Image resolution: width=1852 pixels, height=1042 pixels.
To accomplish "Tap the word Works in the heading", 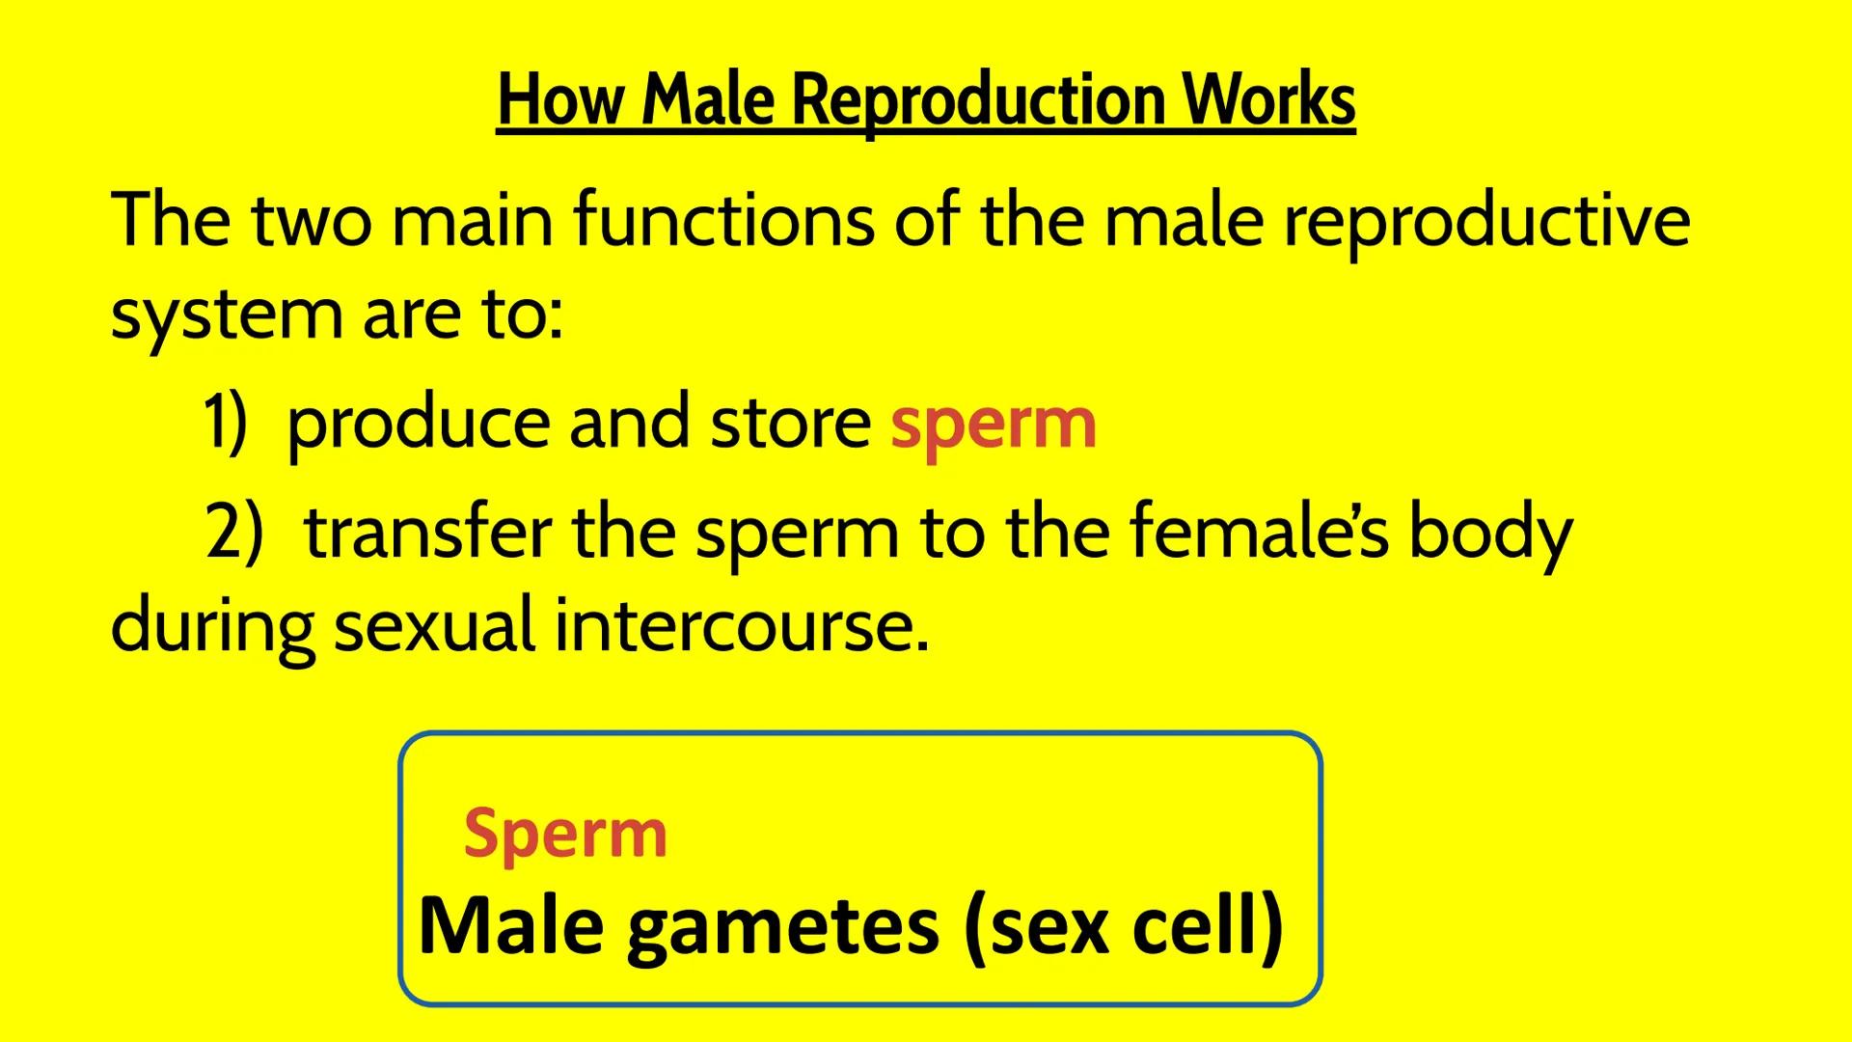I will point(1269,100).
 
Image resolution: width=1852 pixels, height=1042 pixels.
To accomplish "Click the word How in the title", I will point(559,100).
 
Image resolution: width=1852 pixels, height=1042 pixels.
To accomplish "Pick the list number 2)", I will point(234,533).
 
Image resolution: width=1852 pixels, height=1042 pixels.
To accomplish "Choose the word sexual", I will point(434,625).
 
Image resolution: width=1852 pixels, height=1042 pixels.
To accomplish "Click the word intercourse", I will point(741,625).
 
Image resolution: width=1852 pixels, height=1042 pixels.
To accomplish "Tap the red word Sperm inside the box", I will point(565,835).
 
